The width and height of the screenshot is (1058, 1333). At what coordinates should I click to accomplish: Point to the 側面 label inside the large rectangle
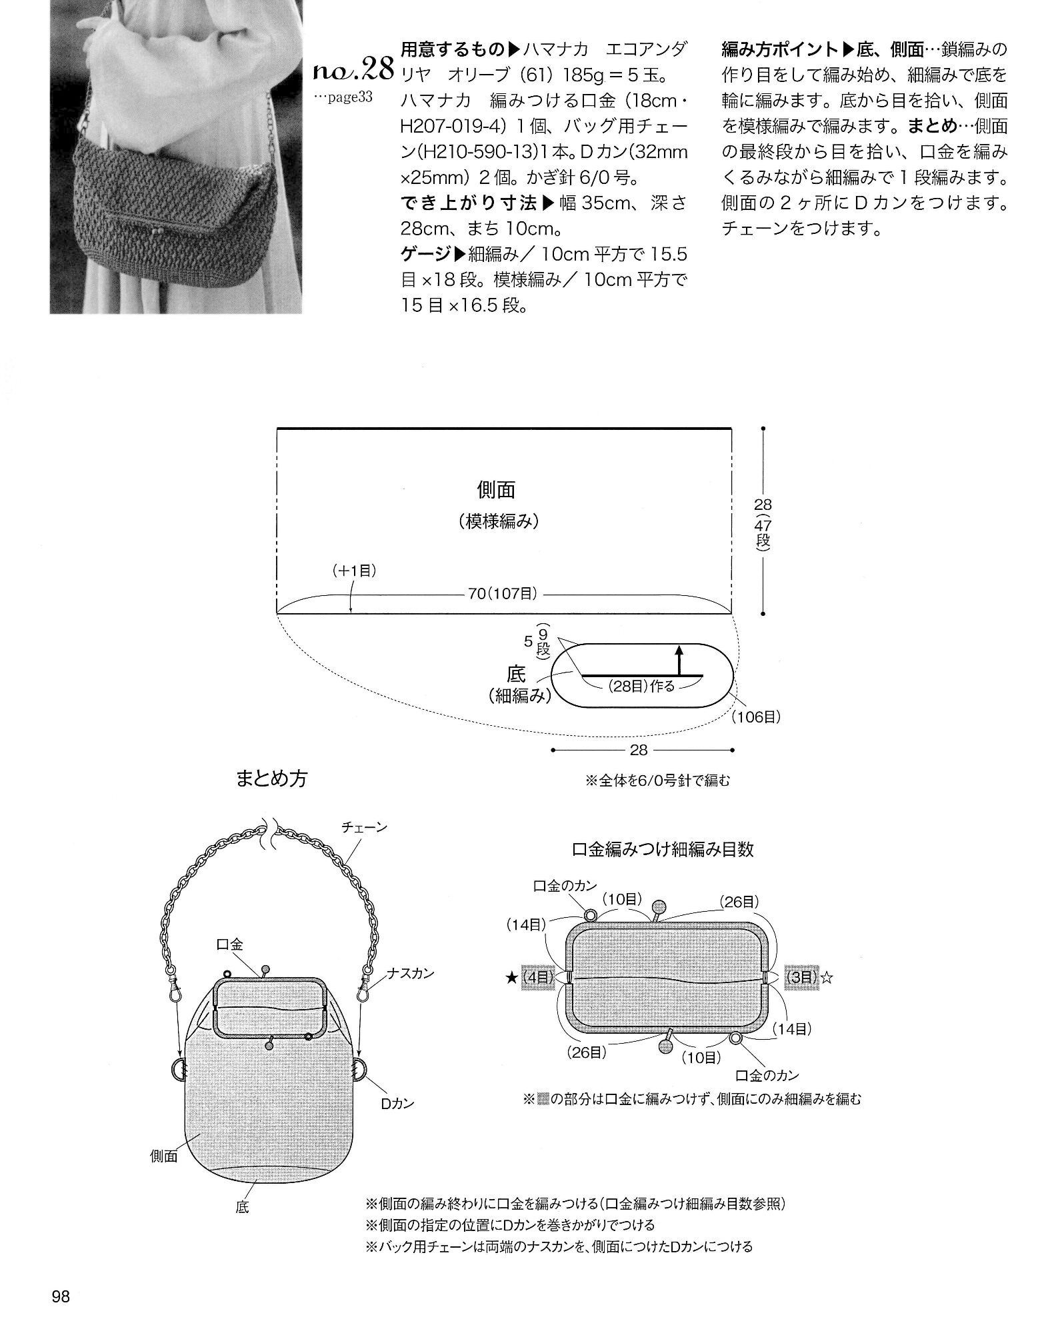pos(497,490)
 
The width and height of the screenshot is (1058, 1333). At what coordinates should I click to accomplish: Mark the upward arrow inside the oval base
pos(679,660)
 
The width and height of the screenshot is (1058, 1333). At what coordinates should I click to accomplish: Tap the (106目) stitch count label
pos(755,717)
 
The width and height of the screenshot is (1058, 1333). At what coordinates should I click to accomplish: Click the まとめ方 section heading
pos(271,778)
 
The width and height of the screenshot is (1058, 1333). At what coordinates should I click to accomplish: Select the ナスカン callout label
pos(411,974)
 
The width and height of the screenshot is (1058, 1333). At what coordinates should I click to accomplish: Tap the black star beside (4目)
pos(511,978)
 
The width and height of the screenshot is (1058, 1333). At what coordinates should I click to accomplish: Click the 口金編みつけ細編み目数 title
pos(663,849)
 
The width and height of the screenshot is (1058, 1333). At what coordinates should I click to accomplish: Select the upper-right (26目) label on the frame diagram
pos(739,901)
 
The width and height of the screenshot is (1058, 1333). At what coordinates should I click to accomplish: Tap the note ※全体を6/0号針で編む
pos(657,779)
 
